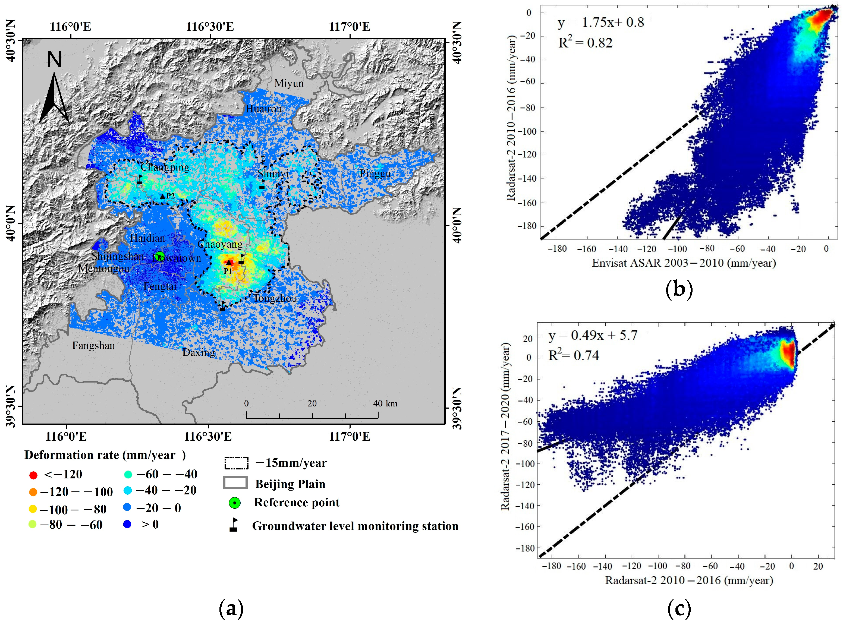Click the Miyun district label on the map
tap(289, 83)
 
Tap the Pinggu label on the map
tap(375, 174)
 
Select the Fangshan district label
tap(93, 345)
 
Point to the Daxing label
tap(199, 353)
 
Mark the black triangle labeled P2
tap(163, 196)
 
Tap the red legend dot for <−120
tap(33, 475)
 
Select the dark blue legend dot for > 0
tap(128, 524)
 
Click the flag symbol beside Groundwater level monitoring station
tap(234, 525)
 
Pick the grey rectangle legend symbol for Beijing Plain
tap(235, 483)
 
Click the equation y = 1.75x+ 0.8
tap(600, 23)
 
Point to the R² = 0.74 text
tap(574, 356)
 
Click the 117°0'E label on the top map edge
tap(350, 27)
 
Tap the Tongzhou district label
tap(275, 298)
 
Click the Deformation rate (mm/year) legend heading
tap(105, 455)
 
